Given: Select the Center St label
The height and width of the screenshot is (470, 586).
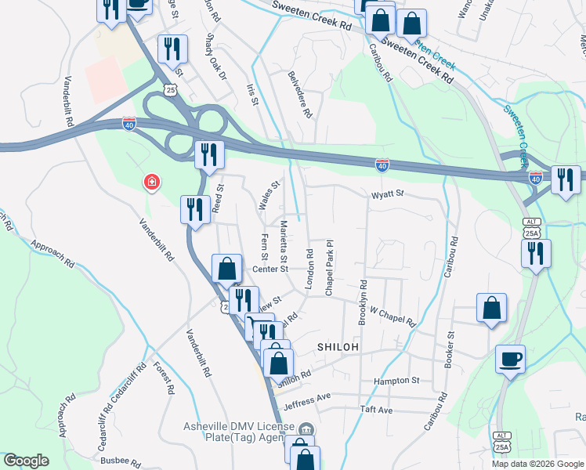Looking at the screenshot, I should point(270,270).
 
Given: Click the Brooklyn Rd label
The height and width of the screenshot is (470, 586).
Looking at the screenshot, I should point(363,303).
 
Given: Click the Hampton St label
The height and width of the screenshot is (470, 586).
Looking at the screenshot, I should point(397,381).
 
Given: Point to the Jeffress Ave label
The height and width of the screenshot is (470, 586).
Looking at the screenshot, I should point(307,399).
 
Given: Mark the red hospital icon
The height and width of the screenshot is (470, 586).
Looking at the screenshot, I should point(151,183).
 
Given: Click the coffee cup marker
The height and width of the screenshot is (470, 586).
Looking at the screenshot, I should point(510,360).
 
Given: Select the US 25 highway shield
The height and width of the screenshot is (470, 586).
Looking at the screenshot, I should point(171,90).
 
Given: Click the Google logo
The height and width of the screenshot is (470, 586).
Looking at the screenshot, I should point(26,461).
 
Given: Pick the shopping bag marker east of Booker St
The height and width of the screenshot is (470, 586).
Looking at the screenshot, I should point(491,308).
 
